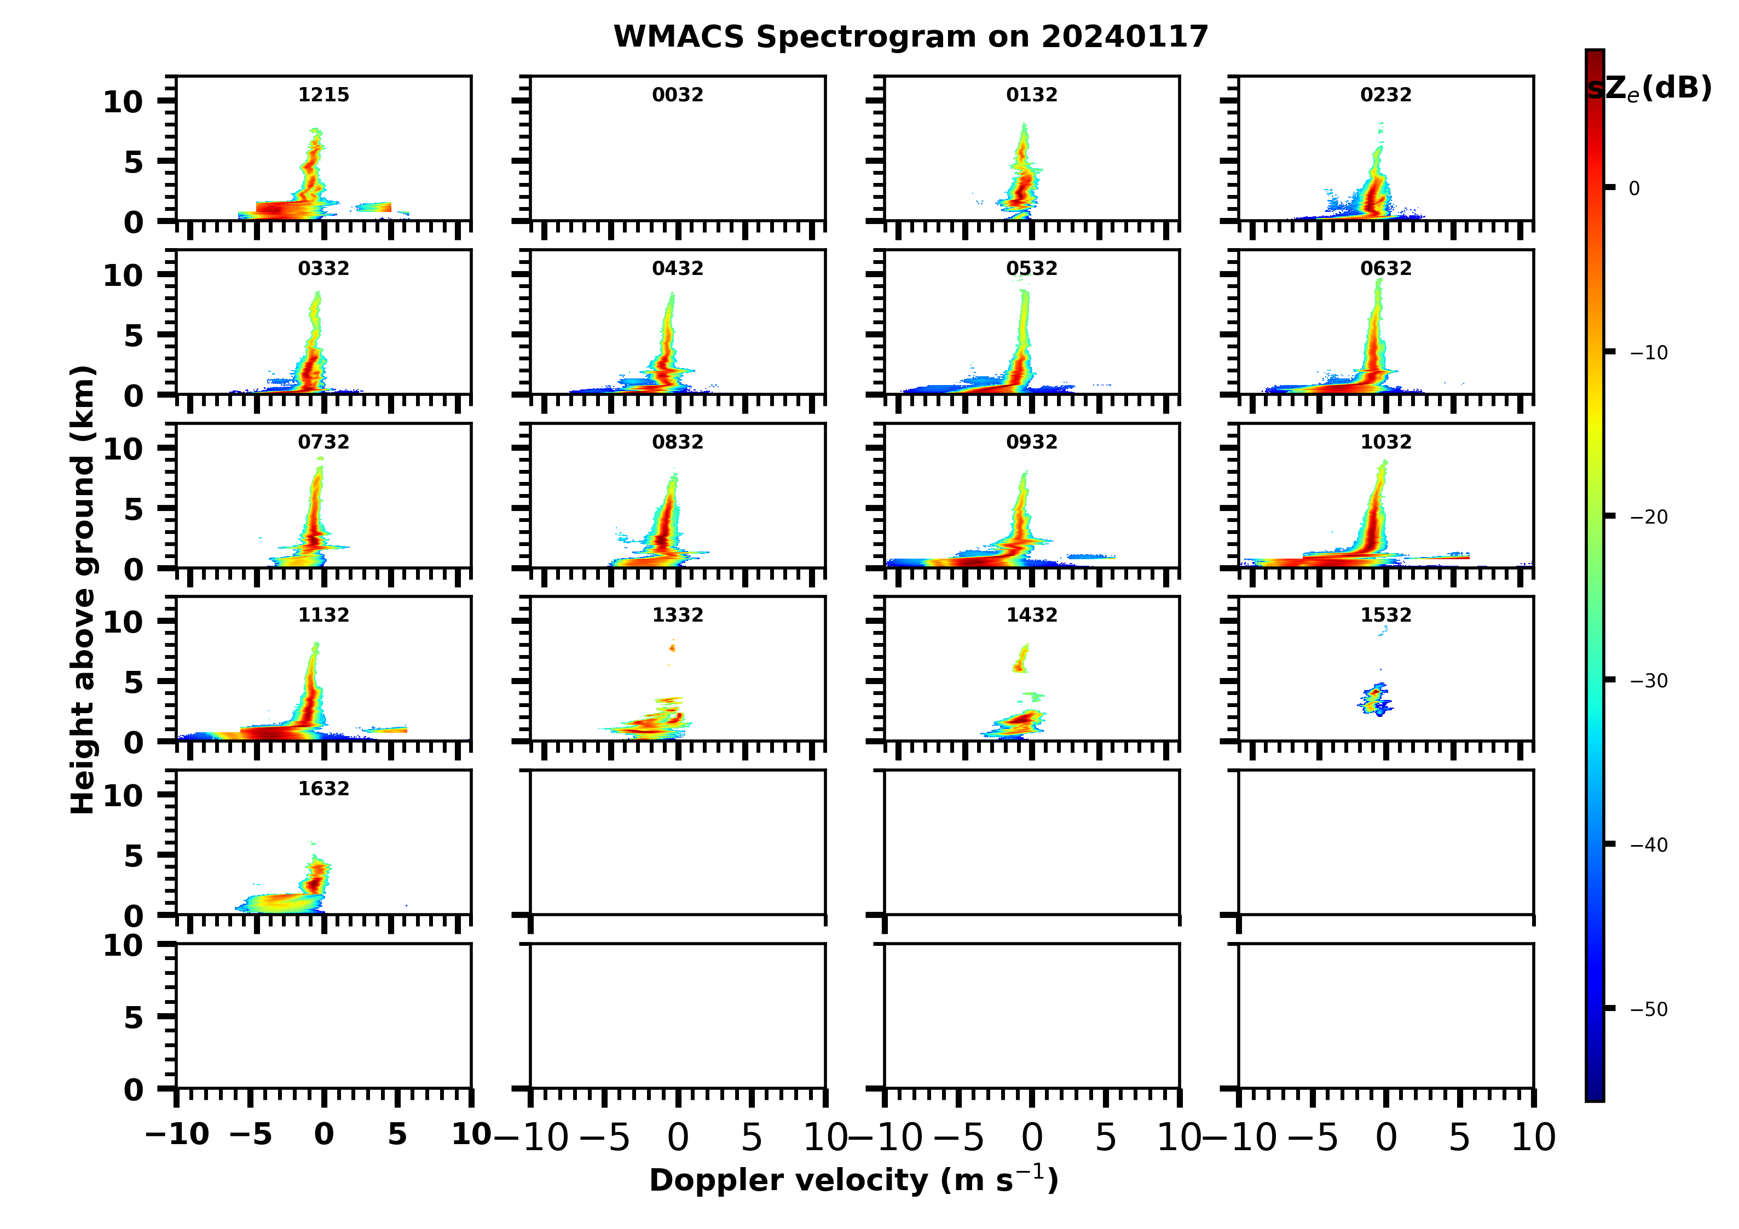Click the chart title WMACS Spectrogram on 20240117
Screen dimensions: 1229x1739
pos(910,36)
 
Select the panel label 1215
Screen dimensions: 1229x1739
pos(323,95)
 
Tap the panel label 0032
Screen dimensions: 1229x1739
pos(677,95)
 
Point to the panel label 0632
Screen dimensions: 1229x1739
pos(1385,268)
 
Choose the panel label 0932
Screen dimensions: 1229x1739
pos(1031,442)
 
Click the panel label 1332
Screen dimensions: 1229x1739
pos(677,614)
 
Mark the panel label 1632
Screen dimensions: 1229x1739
pos(323,789)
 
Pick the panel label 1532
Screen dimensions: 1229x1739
pos(1385,614)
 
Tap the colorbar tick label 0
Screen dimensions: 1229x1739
pos(1634,188)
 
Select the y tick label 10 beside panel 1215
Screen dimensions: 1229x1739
pos(123,101)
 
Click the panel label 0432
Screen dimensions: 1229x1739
pos(677,268)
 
